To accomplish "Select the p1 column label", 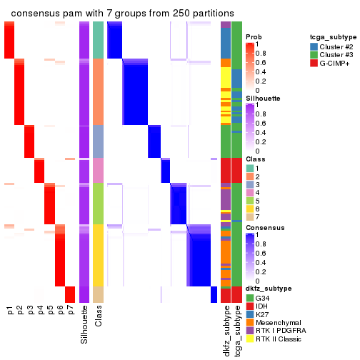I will (x=10, y=311).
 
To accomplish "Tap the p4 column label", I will (x=40, y=311).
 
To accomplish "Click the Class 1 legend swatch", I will (x=250, y=167).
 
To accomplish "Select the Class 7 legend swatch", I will (x=250, y=216).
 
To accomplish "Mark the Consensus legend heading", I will (x=264, y=227).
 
